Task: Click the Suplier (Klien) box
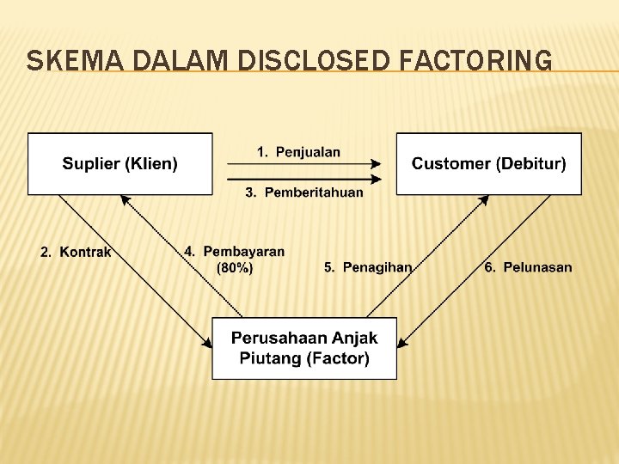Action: (120, 163)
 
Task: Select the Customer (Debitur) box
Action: (488, 163)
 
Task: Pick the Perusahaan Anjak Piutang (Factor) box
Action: (304, 348)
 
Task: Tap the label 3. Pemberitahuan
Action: (304, 192)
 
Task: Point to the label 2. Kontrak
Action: (76, 252)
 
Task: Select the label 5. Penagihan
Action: (368, 267)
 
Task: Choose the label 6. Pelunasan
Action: (528, 267)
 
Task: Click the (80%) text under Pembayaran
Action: (235, 268)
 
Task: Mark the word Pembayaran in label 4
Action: (244, 252)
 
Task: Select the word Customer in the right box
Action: (448, 163)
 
